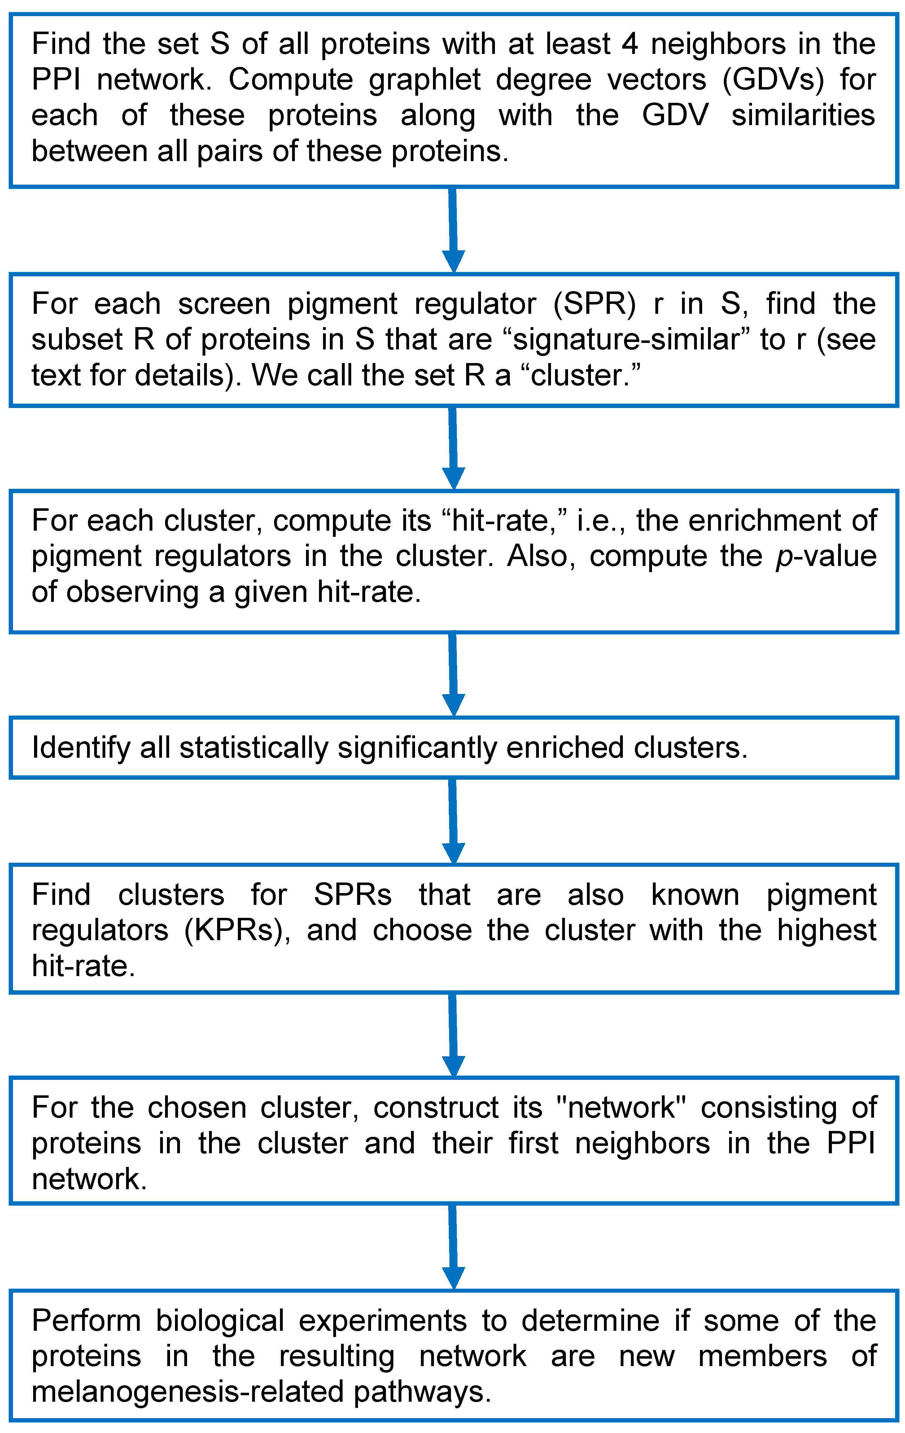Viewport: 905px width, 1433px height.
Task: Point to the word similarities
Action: [x=803, y=116]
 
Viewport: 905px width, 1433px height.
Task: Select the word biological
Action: [x=220, y=1321]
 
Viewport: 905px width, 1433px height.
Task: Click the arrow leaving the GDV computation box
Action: [x=453, y=230]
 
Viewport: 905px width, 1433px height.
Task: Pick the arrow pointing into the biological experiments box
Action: [x=453, y=1247]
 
